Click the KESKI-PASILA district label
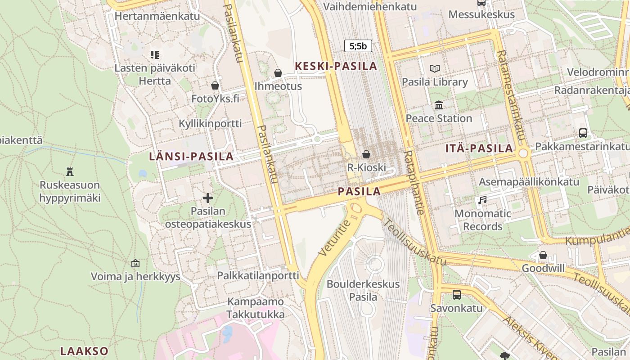[336, 66]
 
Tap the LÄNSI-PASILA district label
[191, 157]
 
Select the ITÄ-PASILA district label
[479, 148]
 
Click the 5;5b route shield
[358, 45]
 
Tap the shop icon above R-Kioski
[366, 154]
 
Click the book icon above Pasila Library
[434, 68]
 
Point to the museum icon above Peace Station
[438, 105]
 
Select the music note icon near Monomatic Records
[482, 200]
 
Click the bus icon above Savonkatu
[456, 295]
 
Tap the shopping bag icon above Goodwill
[543, 255]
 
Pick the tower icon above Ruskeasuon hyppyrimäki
[70, 171]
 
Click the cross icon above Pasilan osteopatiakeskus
[207, 198]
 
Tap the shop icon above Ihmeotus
[278, 72]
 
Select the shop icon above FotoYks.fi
[215, 85]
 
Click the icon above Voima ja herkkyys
[135, 263]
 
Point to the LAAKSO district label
[85, 351]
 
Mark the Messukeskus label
[481, 14]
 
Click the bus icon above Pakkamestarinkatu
[583, 133]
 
